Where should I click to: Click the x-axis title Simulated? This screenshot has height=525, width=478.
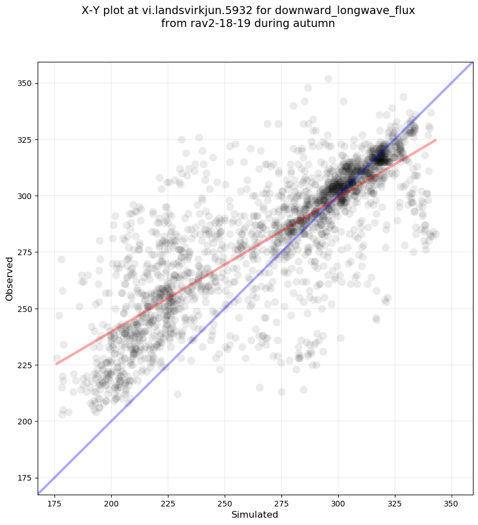point(255,514)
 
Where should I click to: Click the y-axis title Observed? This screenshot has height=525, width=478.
point(10,278)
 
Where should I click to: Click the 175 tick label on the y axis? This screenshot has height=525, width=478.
point(24,478)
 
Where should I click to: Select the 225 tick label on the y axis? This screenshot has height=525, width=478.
point(24,365)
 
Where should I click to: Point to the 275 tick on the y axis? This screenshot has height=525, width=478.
point(24,252)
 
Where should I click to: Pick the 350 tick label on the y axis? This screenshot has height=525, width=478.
point(24,83)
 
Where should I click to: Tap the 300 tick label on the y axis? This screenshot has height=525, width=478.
point(24,196)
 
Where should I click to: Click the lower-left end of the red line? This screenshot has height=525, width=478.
point(56,364)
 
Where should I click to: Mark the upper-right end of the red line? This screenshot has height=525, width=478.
point(436,140)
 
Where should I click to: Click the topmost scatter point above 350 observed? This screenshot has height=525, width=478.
point(328,79)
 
